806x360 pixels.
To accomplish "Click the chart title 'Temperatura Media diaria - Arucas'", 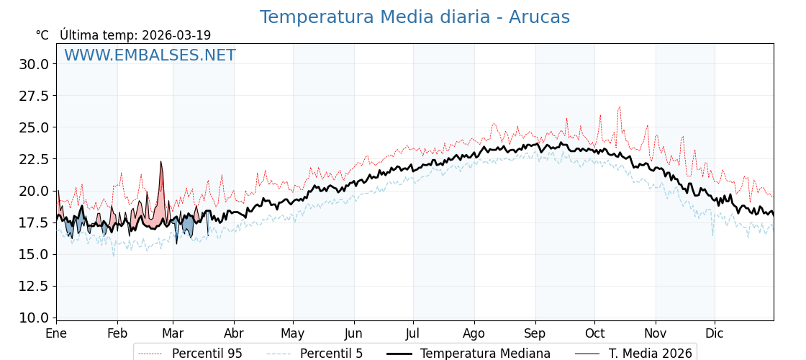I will [415, 17].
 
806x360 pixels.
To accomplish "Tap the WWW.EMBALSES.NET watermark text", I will [150, 55].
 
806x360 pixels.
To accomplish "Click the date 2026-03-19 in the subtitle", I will [176, 35].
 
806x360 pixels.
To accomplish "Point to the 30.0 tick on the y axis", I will [34, 64].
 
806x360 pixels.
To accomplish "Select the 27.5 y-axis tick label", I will [34, 96].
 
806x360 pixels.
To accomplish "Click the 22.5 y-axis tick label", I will [34, 159].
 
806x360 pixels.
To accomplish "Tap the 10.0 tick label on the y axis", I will [34, 318].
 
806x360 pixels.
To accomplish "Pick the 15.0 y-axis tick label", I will [34, 254].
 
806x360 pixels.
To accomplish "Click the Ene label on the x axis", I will [56, 333].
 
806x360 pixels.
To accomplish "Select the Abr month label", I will [234, 333].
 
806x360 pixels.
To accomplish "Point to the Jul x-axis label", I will [413, 333].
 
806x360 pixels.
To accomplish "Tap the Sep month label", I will [535, 333].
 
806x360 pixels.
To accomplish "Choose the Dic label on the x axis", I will [715, 333].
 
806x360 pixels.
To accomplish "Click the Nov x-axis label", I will [656, 333].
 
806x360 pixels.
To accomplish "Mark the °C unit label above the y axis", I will [42, 35].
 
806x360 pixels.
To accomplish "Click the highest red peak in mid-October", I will [619, 107].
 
